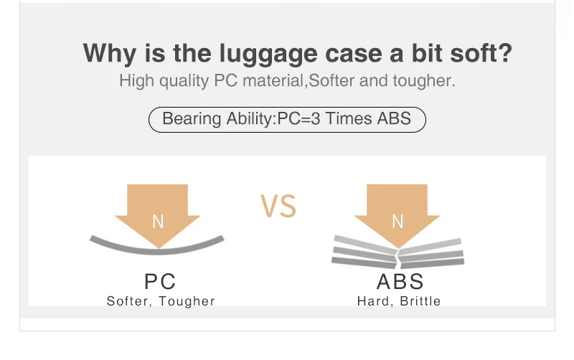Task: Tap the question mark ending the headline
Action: tap(505, 52)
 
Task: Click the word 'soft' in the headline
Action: tap(473, 52)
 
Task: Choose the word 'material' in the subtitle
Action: tap(273, 80)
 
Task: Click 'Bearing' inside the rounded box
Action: tap(192, 119)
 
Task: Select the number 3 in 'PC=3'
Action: tap(316, 118)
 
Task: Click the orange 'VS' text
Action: tap(278, 207)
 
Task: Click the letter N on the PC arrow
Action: tap(158, 222)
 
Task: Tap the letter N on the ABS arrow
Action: tap(397, 222)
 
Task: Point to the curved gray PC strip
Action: tap(157, 251)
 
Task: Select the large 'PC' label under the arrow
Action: tap(160, 281)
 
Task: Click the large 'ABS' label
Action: tap(400, 281)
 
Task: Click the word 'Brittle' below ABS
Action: tap(420, 301)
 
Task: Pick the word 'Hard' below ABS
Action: tap(374, 301)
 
